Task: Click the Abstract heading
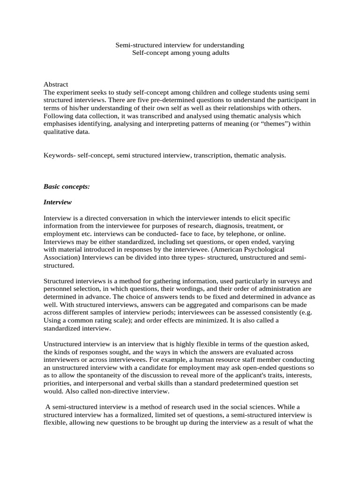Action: coord(56,84)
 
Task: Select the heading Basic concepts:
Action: coord(67,186)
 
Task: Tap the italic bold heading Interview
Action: coord(58,202)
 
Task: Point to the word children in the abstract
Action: coord(192,92)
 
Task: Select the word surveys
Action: coord(287,281)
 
